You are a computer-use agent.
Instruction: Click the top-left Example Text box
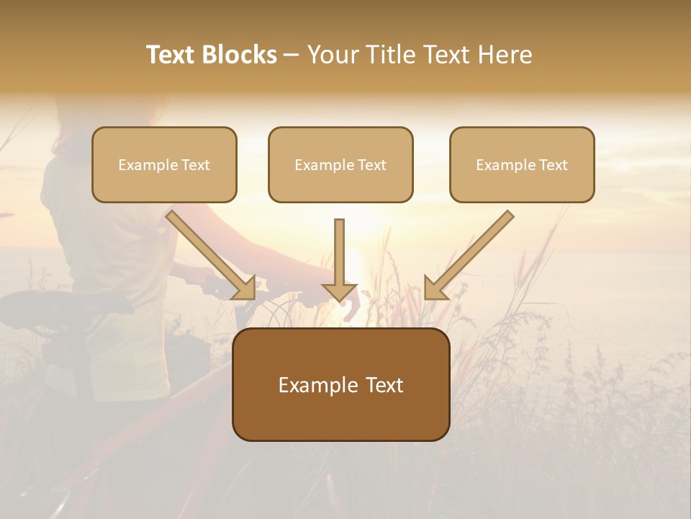pyautogui.click(x=164, y=164)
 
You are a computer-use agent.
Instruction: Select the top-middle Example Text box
pyautogui.click(x=340, y=164)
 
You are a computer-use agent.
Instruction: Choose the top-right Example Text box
pyautogui.click(x=522, y=164)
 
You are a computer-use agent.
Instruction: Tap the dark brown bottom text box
pyautogui.click(x=340, y=384)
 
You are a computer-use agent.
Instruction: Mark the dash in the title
pyautogui.click(x=292, y=56)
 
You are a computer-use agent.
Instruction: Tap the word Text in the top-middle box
pyautogui.click(x=371, y=165)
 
